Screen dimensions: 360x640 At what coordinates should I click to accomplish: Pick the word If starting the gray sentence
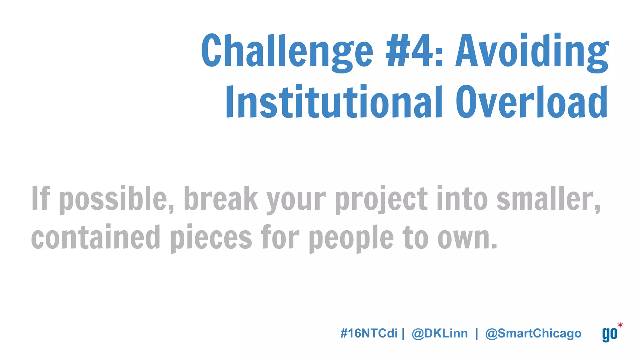pos(41,198)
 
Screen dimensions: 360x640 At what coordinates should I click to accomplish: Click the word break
pos(221,198)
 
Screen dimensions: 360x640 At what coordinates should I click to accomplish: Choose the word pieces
pos(211,238)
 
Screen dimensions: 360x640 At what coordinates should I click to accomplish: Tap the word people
pos(351,238)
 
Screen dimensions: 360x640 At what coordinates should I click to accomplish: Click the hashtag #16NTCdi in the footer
pos(369,333)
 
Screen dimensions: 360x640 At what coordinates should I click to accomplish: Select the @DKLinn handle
pos(440,333)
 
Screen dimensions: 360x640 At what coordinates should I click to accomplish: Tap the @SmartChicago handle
pos(533,333)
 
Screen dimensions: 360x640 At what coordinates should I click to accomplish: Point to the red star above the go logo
pos(620,325)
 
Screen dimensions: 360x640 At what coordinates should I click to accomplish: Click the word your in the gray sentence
pos(296,200)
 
